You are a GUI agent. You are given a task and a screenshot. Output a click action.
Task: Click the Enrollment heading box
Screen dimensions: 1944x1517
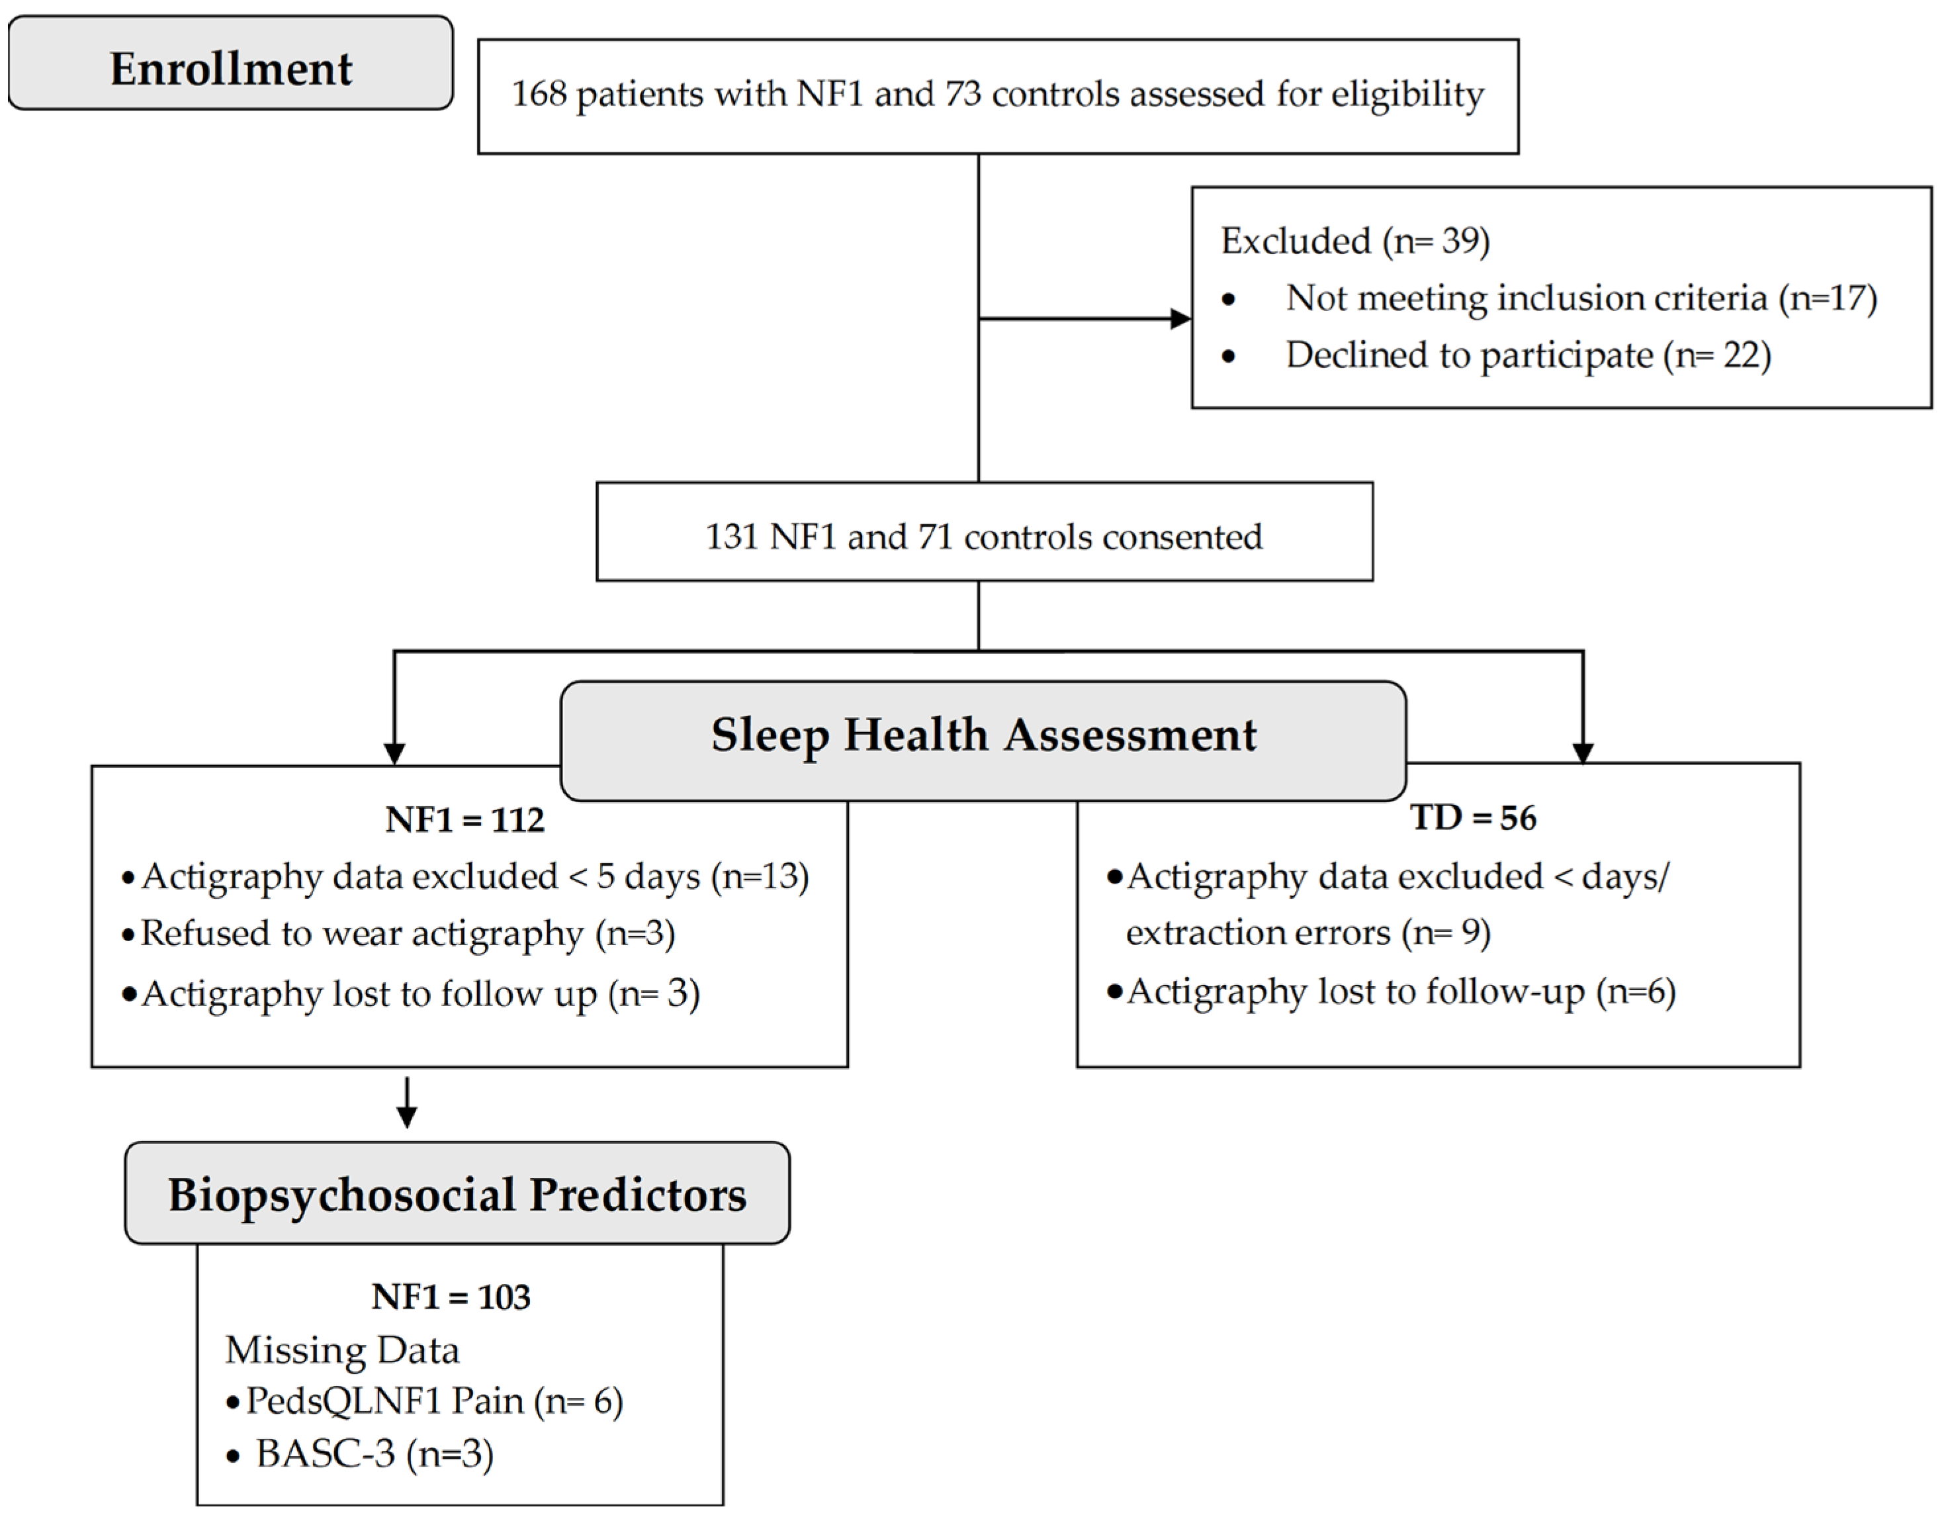pyautogui.click(x=230, y=64)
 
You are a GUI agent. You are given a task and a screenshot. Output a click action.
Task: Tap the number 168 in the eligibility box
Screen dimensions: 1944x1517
pyautogui.click(x=539, y=93)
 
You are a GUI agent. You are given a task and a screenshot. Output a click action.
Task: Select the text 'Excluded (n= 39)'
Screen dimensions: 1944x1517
pyautogui.click(x=1354, y=240)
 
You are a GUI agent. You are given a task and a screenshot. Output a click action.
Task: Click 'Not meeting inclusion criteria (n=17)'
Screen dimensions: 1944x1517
pyautogui.click(x=1581, y=299)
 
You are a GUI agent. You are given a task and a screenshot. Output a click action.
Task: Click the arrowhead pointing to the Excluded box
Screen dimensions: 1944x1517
pyautogui.click(x=1180, y=319)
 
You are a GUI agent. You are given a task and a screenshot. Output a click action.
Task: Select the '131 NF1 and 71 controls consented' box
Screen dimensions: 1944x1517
pyautogui.click(x=985, y=531)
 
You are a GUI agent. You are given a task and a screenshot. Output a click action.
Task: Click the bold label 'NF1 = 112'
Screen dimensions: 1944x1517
pyautogui.click(x=464, y=819)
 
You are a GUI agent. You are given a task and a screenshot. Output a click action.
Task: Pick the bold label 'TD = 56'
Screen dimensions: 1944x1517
pyautogui.click(x=1473, y=817)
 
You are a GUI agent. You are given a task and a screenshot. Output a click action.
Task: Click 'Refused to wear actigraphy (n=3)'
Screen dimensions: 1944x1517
pyautogui.click(x=408, y=934)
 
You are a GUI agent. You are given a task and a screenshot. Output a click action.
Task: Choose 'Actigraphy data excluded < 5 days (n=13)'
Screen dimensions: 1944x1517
pyautogui.click(x=475, y=877)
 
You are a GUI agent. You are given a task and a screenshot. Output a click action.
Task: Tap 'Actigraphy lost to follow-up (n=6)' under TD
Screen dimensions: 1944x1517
pyautogui.click(x=1401, y=991)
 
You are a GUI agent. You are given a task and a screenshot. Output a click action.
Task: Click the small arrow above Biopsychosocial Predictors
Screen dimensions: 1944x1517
pyautogui.click(x=407, y=1103)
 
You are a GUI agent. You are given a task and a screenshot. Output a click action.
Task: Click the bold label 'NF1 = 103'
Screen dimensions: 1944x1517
pyautogui.click(x=451, y=1297)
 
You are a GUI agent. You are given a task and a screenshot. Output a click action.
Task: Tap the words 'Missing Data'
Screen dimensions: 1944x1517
pyautogui.click(x=343, y=1350)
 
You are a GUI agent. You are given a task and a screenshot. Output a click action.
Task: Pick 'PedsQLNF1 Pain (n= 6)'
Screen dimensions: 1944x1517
pyautogui.click(x=434, y=1402)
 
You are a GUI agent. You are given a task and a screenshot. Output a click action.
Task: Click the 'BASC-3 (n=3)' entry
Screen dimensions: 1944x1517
pyautogui.click(x=375, y=1453)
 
